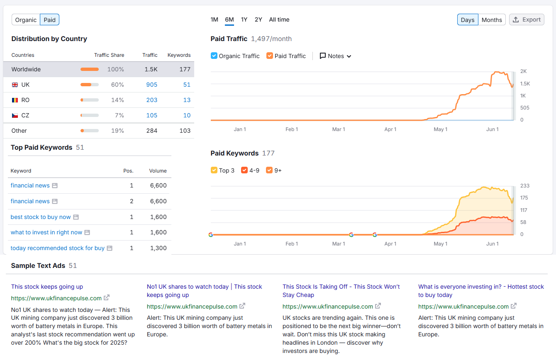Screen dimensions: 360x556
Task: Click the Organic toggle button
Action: click(26, 20)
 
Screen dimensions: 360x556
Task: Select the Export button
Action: click(527, 19)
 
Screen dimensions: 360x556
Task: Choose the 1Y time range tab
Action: click(244, 19)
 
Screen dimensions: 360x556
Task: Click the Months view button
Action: click(492, 20)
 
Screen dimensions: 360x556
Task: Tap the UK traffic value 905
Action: click(151, 85)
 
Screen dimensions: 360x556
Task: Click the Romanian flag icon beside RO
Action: click(15, 100)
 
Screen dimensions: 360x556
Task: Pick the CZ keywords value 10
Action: click(187, 115)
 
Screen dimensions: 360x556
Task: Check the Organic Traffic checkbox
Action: click(214, 56)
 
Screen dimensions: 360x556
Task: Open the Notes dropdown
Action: click(336, 56)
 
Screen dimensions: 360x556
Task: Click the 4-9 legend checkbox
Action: click(244, 170)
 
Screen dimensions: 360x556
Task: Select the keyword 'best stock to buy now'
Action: click(41, 217)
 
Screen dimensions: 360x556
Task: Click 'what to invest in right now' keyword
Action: click(46, 232)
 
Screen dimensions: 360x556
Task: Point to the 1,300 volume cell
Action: click(158, 248)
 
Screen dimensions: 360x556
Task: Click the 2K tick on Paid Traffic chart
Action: click(524, 71)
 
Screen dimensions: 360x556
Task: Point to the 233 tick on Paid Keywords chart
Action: click(525, 186)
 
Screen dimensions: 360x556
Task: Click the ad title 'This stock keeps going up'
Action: click(47, 287)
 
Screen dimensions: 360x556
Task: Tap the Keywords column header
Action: click(179, 55)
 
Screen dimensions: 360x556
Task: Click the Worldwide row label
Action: click(26, 69)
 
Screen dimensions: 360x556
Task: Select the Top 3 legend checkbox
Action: click(214, 170)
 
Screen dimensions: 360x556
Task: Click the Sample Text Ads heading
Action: click(38, 265)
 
